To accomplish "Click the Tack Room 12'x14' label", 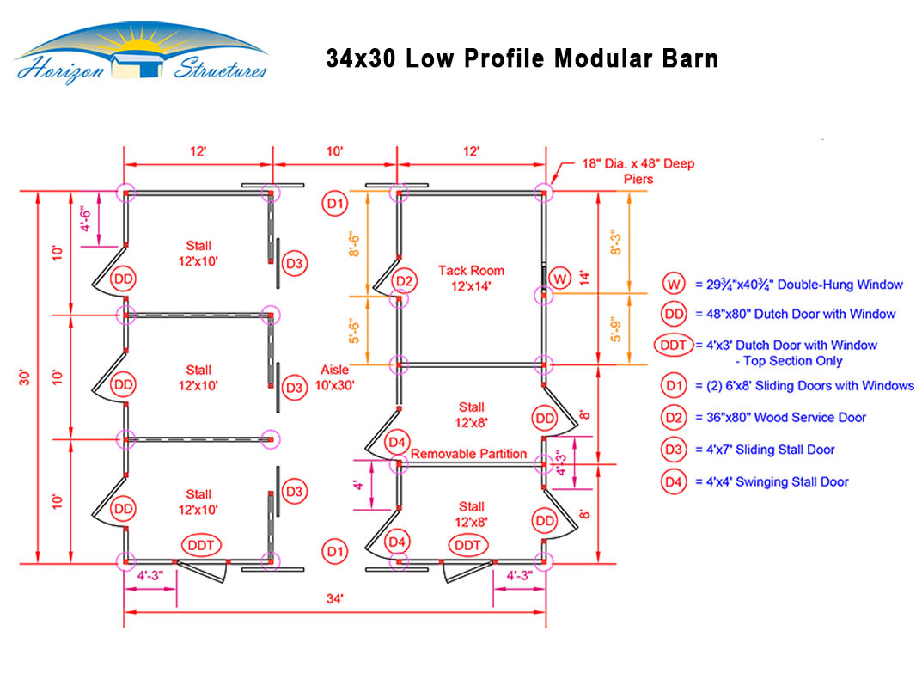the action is coord(471,279).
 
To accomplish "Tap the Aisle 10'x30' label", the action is coord(334,377).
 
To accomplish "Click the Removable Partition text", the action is coord(468,454).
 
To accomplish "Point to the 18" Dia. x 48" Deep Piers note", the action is coord(638,170).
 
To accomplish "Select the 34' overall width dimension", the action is coord(334,598).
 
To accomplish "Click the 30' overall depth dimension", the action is coord(24,377).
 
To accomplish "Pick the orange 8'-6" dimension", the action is coord(354,243).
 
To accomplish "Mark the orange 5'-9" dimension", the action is coord(615,329).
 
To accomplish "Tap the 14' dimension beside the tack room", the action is coord(584,278).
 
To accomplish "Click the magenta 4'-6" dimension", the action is coord(86,219).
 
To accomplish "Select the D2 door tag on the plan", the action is coord(404,280).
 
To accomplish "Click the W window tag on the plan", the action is coord(559,279).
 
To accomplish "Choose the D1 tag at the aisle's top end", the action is coord(334,204).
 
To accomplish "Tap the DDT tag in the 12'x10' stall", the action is coord(201,545).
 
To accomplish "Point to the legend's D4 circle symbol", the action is coord(674,482).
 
